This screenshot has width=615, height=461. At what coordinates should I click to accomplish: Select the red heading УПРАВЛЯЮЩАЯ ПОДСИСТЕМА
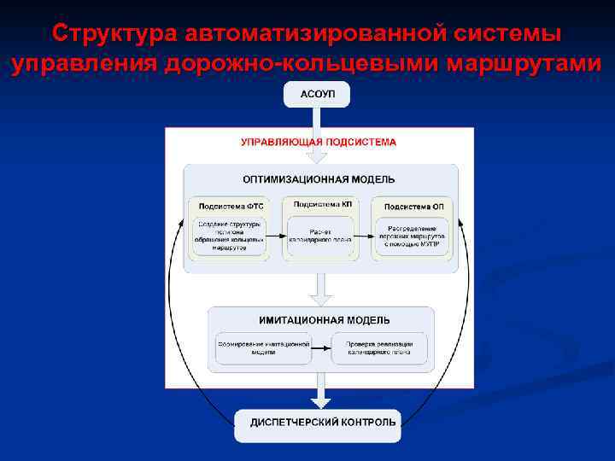(318, 143)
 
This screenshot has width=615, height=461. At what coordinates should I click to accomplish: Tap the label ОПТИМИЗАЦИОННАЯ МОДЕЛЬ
(319, 179)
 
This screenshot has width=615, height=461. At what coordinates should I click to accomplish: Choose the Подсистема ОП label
(413, 206)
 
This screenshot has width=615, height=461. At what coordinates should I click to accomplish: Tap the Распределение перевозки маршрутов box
(413, 235)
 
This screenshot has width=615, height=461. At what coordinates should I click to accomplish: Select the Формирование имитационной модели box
(264, 346)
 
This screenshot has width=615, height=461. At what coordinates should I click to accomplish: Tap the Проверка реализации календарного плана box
(378, 346)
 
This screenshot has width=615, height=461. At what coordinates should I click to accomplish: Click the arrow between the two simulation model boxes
(321, 346)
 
